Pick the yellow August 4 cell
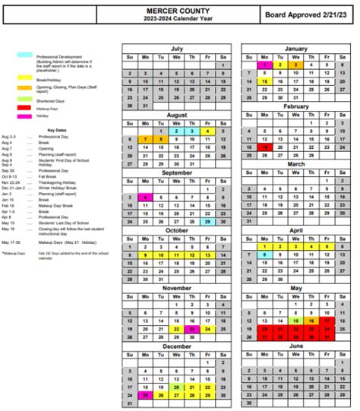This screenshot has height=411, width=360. pos(207,131)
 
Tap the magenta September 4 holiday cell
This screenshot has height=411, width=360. pos(144,197)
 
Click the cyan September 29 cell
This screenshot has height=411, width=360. pos(207,222)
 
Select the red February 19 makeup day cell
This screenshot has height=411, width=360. pos(264,147)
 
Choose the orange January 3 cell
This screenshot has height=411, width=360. pos(295,65)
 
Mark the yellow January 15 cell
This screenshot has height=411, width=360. pos(264,81)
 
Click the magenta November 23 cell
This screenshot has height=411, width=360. pos(191,329)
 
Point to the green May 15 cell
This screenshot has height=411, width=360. pos(295,321)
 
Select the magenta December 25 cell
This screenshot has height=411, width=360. pos(144,395)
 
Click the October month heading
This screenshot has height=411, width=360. pos(175,231)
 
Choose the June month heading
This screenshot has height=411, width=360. pos(295,346)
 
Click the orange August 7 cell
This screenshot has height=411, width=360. pos(144,139)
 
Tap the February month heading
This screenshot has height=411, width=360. pos(295,106)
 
